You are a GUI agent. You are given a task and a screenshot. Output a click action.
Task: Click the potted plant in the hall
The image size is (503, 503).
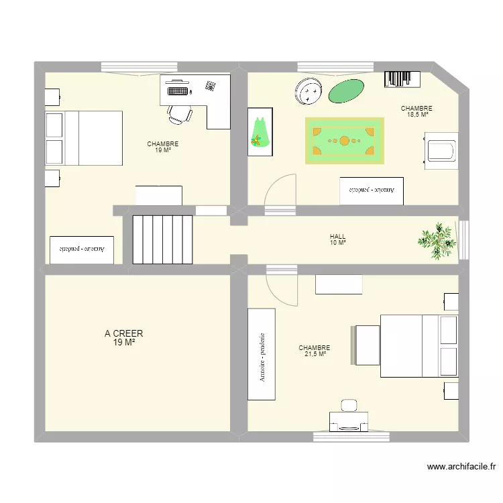pyautogui.click(x=437, y=239)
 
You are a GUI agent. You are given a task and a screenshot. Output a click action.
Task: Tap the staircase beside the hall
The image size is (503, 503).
pyautogui.click(x=162, y=239)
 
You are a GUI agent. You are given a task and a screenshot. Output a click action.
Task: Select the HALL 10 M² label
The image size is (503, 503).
pyautogui.click(x=338, y=239)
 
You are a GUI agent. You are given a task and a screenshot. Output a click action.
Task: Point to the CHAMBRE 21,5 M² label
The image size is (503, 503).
pyautogui.click(x=315, y=351)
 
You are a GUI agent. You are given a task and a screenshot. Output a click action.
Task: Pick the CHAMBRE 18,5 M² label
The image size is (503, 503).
pyautogui.click(x=416, y=111)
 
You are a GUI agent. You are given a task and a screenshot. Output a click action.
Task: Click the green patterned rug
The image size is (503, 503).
pyautogui.click(x=345, y=141)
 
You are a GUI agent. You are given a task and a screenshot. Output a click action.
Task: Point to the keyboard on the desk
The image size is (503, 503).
pyautogui.click(x=178, y=89)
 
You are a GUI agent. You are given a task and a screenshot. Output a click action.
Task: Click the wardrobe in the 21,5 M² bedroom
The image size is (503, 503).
pyautogui.click(x=262, y=355)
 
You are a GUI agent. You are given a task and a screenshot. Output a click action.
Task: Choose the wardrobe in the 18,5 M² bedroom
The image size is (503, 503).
pyautogui.click(x=372, y=190)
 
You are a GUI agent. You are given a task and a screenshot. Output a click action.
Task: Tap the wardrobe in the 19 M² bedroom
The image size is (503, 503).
pyautogui.click(x=81, y=249)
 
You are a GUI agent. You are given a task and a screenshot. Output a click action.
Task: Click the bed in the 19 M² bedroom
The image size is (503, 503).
pyautogui.click(x=84, y=138)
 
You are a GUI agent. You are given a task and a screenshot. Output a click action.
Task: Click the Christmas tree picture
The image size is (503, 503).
pyautogui.click(x=260, y=131)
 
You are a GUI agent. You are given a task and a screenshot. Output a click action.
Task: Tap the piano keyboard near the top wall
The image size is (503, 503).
pyautogui.click(x=402, y=79)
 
